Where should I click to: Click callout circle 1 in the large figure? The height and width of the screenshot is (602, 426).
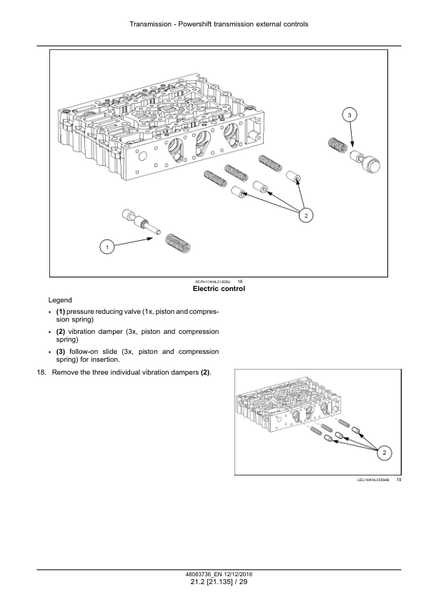[107, 247]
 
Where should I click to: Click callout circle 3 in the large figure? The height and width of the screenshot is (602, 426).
[350, 115]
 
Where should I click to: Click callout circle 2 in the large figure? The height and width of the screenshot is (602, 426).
[306, 215]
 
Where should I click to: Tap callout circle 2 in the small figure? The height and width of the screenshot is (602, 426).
[385, 453]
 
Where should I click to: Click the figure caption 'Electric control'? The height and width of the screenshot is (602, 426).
[219, 289]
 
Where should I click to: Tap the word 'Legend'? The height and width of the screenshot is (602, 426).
[60, 300]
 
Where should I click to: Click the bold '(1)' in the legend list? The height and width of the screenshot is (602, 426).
[61, 312]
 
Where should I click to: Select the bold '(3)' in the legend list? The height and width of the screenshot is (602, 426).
[61, 352]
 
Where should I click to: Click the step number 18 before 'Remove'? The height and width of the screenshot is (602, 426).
[41, 372]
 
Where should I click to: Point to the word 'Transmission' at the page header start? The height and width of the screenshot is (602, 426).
[150, 24]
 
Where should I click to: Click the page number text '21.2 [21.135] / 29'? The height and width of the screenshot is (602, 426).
[219, 582]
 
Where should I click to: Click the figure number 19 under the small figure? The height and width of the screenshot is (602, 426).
[399, 480]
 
